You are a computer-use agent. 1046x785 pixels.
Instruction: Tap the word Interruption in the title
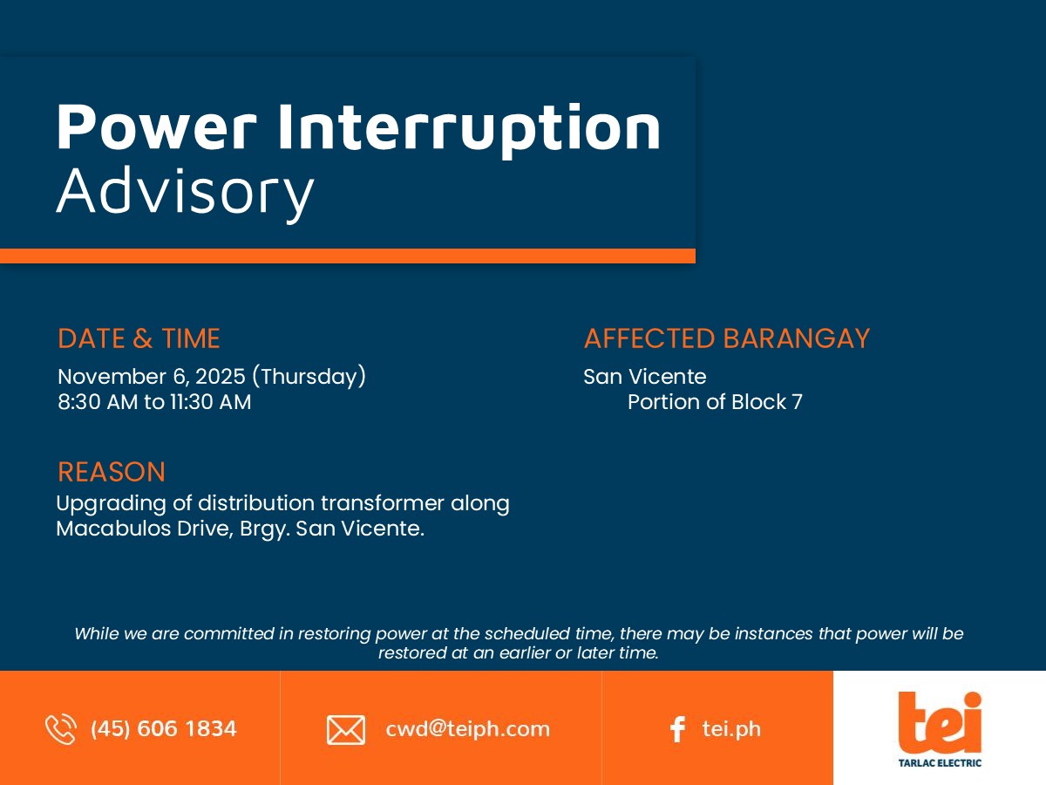click(469, 131)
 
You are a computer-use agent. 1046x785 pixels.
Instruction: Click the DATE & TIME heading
click(139, 338)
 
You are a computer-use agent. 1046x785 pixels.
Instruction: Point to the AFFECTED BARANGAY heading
click(727, 338)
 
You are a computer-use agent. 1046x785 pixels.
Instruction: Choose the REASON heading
click(112, 472)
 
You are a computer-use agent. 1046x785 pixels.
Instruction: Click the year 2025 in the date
click(221, 377)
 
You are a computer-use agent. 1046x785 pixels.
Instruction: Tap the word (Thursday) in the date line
click(309, 377)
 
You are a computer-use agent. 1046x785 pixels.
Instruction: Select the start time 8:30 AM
click(98, 402)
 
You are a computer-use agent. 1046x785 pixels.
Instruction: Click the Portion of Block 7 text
click(715, 402)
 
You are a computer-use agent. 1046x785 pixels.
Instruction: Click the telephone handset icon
click(61, 729)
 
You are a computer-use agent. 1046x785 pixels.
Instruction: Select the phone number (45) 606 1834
click(164, 729)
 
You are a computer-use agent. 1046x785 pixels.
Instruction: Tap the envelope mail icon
click(346, 730)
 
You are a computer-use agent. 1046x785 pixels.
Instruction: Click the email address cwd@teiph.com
click(467, 729)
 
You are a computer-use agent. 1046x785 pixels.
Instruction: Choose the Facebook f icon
click(677, 729)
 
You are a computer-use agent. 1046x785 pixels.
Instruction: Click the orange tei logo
click(940, 723)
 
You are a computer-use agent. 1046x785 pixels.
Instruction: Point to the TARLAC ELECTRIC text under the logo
click(940, 763)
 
